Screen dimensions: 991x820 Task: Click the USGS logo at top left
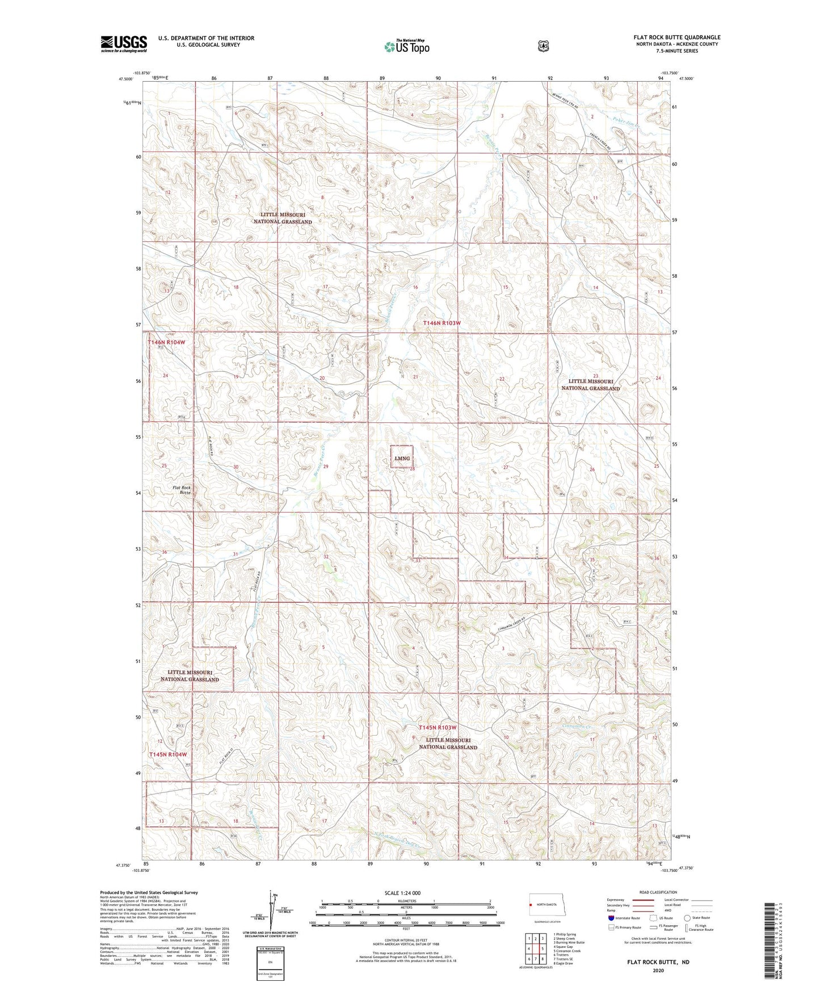tap(124, 44)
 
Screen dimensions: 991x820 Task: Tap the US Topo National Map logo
tap(406, 47)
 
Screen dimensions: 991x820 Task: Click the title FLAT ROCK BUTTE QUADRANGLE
tap(676, 37)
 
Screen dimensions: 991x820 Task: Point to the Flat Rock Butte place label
tap(182, 490)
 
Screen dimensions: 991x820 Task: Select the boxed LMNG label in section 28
tap(402, 458)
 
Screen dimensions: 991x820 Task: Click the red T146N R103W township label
tap(441, 323)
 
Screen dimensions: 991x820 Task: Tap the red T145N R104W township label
tap(167, 754)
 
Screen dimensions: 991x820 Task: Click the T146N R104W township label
tap(166, 342)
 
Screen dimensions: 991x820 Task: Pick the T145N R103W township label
tap(438, 728)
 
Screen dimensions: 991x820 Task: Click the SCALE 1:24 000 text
tap(402, 893)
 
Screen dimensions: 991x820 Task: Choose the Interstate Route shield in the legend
tap(611, 918)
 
